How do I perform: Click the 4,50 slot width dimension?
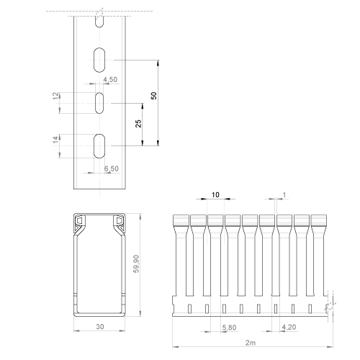tap(110, 79)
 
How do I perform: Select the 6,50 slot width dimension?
tap(112, 168)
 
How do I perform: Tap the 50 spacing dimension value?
tap(154, 96)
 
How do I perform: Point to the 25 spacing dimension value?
tap(138, 124)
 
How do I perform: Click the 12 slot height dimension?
tap(55, 96)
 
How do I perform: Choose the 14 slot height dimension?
tap(55, 140)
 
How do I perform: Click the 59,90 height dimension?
tap(136, 264)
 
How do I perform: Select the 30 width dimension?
tap(100, 326)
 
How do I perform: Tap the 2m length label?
tap(251, 343)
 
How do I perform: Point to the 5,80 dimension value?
tap(229, 328)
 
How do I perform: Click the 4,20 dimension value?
tap(289, 327)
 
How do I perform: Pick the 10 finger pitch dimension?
tap(215, 194)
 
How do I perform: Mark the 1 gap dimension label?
tap(284, 194)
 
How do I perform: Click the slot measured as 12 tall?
tap(99, 103)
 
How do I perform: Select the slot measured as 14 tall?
tap(99, 146)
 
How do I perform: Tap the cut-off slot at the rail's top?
tap(99, 22)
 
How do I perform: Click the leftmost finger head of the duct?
tap(181, 220)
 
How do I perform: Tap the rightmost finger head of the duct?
tap(319, 220)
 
